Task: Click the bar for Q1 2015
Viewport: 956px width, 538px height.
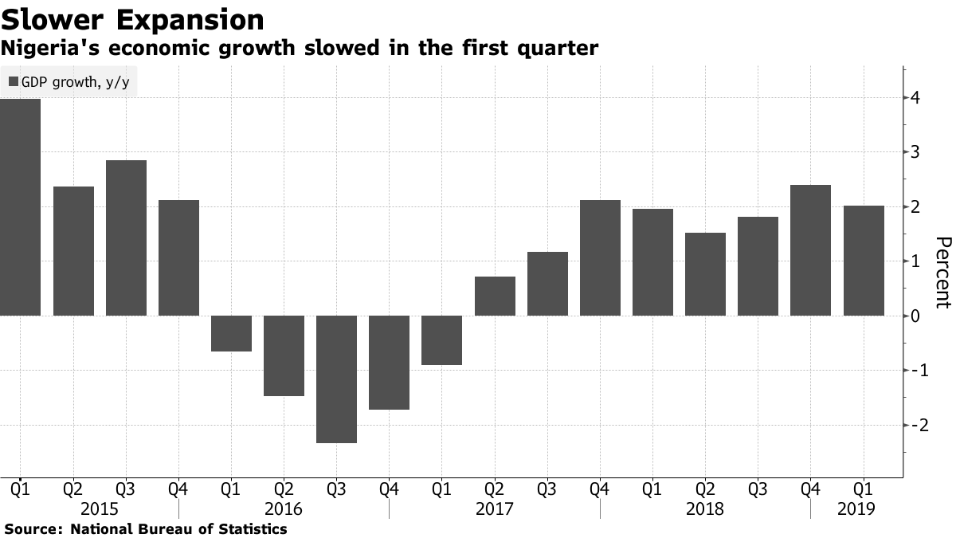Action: coord(20,207)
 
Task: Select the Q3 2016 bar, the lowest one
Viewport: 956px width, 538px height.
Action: coord(336,379)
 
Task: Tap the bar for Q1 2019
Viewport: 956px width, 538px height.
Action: coord(864,261)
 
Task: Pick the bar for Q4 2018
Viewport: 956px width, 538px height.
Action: coord(811,250)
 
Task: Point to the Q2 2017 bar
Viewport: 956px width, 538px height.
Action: coord(495,296)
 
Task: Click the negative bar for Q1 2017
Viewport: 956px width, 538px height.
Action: coord(442,340)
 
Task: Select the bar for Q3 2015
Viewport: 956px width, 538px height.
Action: coord(126,238)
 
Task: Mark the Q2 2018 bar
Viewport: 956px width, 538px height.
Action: coord(706,274)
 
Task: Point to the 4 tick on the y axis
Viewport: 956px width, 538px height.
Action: coord(916,98)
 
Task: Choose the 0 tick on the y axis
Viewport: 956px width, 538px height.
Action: coord(916,316)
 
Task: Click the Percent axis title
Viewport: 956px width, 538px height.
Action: coord(942,272)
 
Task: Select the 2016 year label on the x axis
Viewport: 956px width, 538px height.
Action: coord(284,509)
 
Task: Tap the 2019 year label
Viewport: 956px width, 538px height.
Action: coord(856,509)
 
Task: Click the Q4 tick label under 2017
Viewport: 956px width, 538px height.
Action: coord(600,488)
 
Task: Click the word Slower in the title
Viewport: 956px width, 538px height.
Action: coord(48,19)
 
